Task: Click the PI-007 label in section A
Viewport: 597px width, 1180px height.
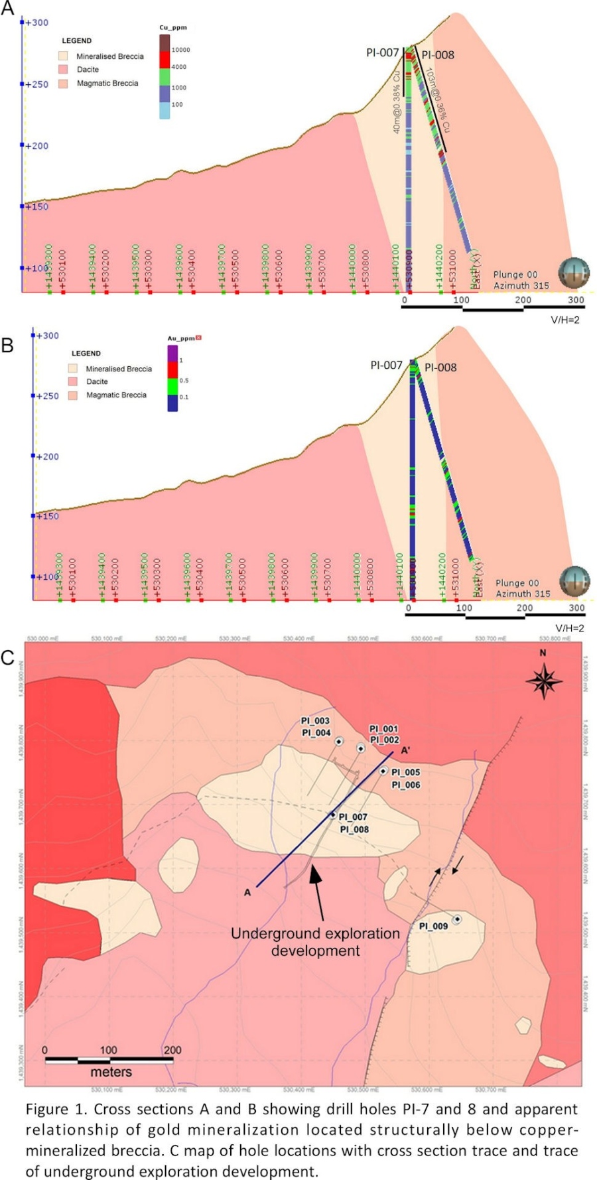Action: (x=383, y=52)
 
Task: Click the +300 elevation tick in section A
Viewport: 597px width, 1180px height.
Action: (x=36, y=23)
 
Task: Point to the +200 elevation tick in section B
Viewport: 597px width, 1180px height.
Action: (x=46, y=456)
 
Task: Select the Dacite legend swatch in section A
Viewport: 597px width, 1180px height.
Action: (x=64, y=69)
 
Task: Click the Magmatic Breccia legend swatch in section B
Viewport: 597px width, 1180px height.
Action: (x=73, y=395)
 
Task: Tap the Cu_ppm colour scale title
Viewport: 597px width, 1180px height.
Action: (x=173, y=28)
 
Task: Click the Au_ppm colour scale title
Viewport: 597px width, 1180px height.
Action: (x=181, y=338)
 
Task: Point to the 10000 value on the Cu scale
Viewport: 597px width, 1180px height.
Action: (x=180, y=50)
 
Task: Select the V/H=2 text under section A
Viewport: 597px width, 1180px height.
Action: (x=565, y=320)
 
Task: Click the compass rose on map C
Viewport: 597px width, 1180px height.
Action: (x=543, y=681)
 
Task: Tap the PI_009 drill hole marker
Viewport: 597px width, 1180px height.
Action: (x=457, y=919)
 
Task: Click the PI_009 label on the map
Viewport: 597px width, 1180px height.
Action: (x=433, y=926)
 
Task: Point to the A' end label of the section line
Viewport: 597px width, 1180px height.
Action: (x=405, y=750)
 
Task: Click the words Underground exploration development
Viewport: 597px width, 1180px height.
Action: (x=315, y=942)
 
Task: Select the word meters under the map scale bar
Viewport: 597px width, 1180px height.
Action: (x=111, y=1072)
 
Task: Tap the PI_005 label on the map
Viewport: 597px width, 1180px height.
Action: (x=405, y=772)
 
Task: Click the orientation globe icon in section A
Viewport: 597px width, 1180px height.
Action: (x=573, y=273)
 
